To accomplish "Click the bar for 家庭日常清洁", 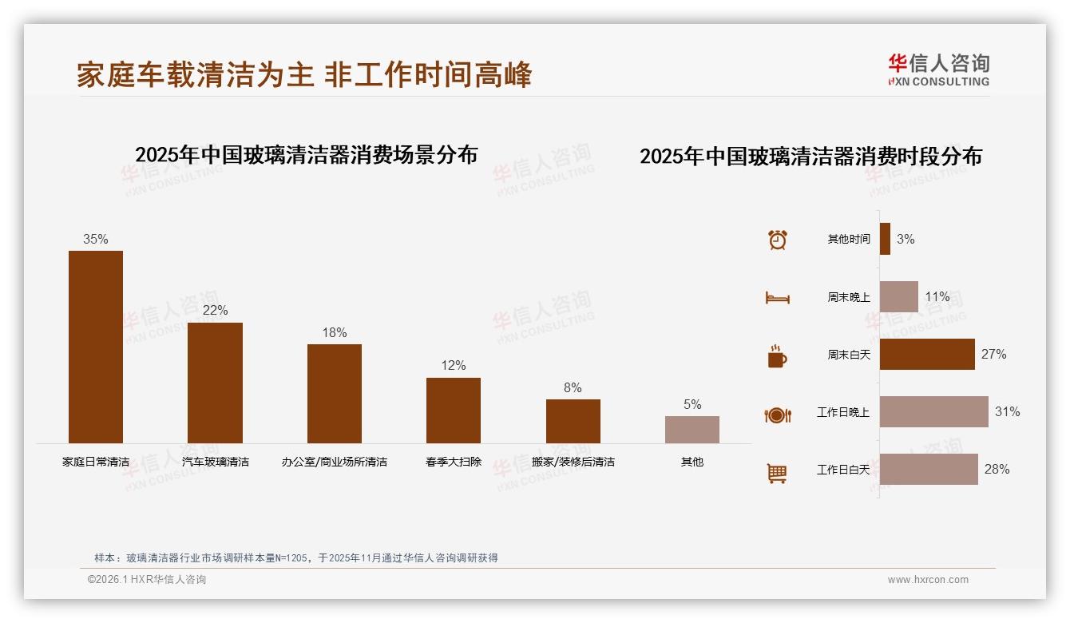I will coord(96,347).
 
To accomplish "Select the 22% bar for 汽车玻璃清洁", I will coord(215,383).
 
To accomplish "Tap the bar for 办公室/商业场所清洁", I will coord(335,393).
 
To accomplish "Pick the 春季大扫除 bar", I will coord(454,410).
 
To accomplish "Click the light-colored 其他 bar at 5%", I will coord(692,430).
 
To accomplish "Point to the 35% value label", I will coord(96,240).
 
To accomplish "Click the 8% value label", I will coord(573,388).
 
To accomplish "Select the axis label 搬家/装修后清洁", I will coord(573,462).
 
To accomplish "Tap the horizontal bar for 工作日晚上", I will coord(933,412).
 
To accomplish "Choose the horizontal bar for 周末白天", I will coord(927,355).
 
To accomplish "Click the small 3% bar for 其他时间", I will coord(885,239).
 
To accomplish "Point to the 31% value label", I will coord(1007,412).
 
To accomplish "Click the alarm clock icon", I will coord(778,240).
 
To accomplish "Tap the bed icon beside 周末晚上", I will coord(778,297).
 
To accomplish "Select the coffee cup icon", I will coord(777,356).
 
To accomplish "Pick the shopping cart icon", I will coord(777,473).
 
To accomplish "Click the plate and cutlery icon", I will coord(778,415).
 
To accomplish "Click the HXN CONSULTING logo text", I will coord(939,81).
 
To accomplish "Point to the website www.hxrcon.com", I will coord(928,580).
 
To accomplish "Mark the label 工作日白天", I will coord(843,470).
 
